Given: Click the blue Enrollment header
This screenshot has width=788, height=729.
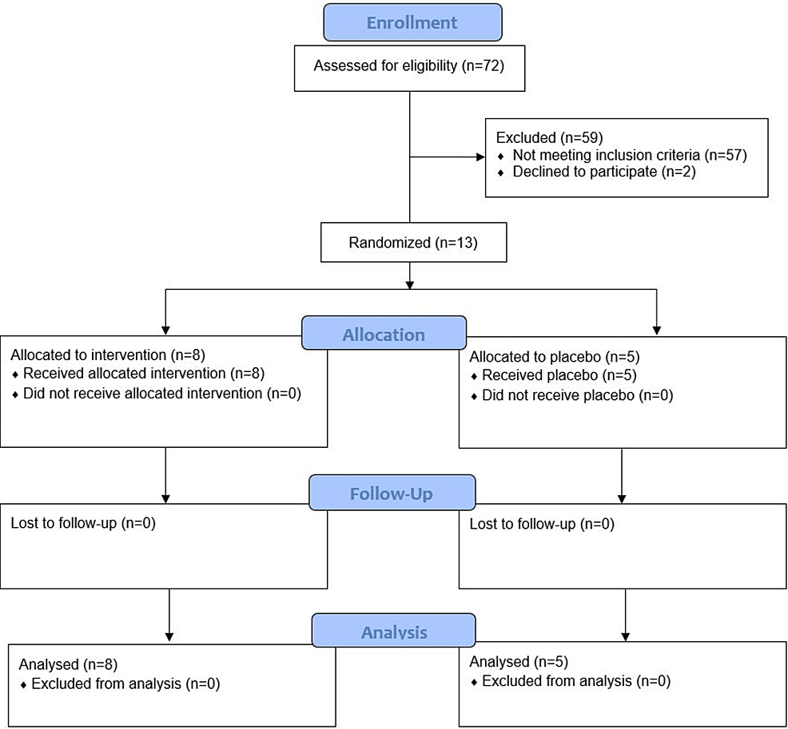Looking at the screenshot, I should (x=412, y=22).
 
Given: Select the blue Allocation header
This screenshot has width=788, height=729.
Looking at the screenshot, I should (x=384, y=333).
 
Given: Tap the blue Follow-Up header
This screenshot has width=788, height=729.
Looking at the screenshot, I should (x=392, y=493).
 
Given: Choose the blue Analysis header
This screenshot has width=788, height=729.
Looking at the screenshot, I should (x=393, y=632).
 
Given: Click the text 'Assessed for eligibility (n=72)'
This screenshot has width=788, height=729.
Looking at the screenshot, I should (x=408, y=65).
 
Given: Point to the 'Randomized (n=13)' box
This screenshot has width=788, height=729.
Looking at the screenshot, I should (x=413, y=243).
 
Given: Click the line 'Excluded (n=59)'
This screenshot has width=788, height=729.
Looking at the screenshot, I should (x=543, y=137).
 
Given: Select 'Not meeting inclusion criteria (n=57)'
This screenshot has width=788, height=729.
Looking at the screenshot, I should (x=629, y=155).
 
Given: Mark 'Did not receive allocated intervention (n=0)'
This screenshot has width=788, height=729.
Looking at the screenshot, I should (x=161, y=393).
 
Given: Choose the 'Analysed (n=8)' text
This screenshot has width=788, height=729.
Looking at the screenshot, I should (x=60, y=664).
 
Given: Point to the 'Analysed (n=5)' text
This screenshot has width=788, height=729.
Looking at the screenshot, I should (x=511, y=662).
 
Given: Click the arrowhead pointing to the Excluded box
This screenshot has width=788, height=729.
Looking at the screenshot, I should (x=480, y=156).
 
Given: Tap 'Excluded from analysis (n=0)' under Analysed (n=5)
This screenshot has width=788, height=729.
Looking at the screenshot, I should (x=575, y=681).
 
